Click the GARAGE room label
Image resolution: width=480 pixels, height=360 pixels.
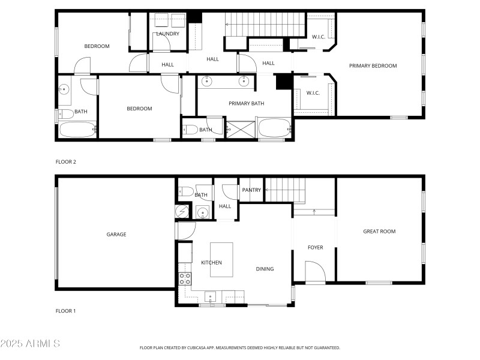116,235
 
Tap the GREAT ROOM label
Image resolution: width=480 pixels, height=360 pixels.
379,232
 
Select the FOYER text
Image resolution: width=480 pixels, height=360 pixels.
315,247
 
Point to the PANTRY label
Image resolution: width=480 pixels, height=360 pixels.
251,190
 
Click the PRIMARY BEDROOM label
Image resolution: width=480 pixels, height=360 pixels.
373,66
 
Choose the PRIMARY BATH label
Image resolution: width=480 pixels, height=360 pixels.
246,104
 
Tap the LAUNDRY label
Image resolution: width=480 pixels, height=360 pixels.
167,34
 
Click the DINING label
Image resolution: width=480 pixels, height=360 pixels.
265,269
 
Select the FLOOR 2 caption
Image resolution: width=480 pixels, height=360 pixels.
66,162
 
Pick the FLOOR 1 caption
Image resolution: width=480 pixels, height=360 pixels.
66,311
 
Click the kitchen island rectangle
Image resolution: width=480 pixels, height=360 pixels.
221,259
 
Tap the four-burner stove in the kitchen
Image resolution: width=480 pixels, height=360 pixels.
185,278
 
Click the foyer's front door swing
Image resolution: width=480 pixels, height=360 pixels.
314,272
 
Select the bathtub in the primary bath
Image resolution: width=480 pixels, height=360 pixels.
274,128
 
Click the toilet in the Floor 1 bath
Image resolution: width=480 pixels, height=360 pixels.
186,192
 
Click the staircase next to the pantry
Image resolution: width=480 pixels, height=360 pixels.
285,190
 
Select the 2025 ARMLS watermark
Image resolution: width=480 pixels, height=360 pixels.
30,344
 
